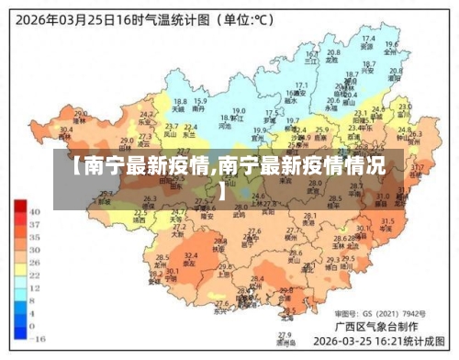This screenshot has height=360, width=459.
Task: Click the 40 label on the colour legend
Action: pos(35,211)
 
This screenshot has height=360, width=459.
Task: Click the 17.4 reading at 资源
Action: pos(367,39)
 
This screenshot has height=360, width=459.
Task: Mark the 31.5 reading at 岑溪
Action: pos(386,220)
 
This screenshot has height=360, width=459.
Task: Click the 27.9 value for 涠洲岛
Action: pos(285,333)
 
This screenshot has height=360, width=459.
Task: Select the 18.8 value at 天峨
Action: pos(180,101)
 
